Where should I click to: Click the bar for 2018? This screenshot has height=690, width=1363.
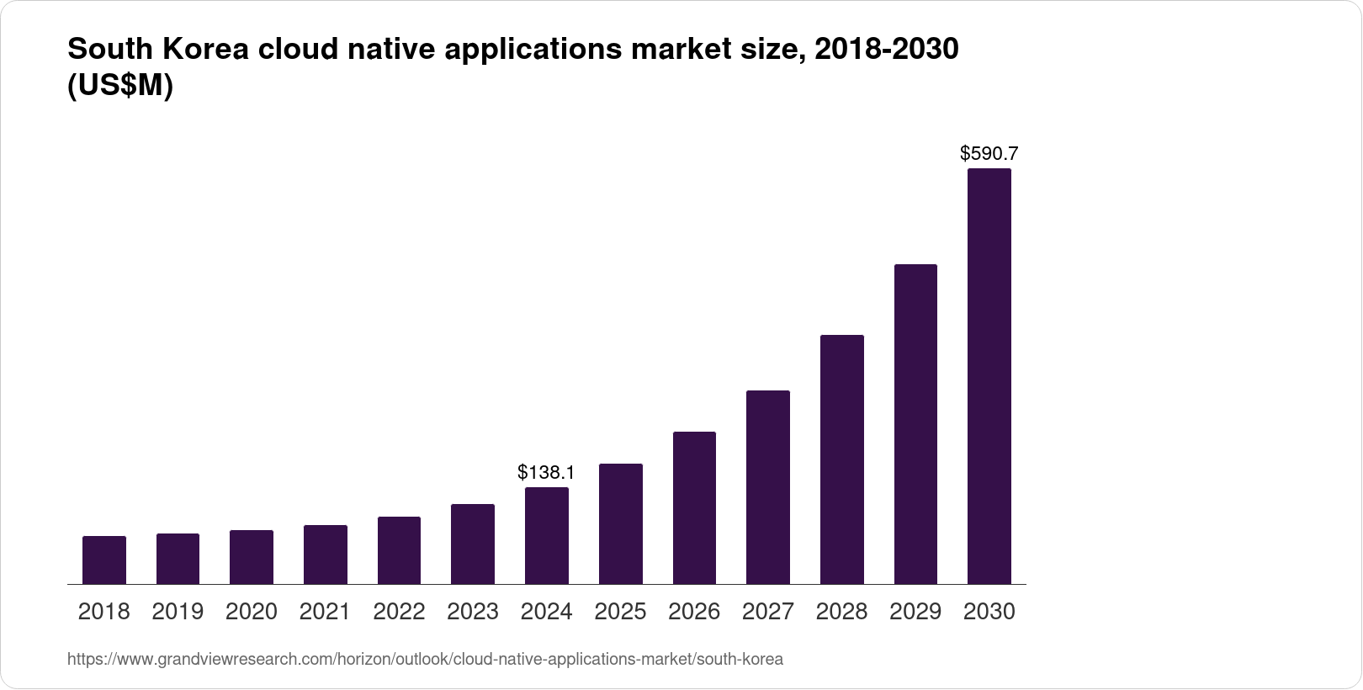[x=104, y=560]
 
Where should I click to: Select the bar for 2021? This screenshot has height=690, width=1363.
[x=326, y=555]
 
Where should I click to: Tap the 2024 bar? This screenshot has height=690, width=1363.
[x=547, y=535]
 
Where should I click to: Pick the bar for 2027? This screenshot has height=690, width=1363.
[x=767, y=487]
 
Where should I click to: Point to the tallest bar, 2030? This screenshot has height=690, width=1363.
[x=989, y=376]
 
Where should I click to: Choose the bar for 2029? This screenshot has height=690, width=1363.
[x=915, y=424]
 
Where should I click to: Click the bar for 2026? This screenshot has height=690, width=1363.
[x=694, y=507]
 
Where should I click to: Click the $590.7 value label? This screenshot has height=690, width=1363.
[x=989, y=153]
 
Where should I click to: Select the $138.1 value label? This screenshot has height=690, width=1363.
[x=547, y=472]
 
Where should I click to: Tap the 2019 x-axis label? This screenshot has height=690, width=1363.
[x=178, y=612]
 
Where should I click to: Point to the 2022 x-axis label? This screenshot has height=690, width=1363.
[x=399, y=612]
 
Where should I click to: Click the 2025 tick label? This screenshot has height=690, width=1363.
[x=620, y=612]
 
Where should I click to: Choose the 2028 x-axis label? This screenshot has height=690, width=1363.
[x=841, y=612]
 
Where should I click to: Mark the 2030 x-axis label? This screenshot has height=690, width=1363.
[x=989, y=612]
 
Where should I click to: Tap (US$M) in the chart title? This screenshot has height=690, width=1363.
[x=119, y=86]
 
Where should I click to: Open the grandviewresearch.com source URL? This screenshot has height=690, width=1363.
[x=425, y=660]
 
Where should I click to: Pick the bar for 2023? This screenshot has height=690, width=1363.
[x=473, y=544]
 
